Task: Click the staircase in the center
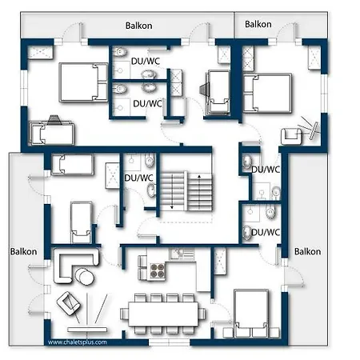pos(186,191)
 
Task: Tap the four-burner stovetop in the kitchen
pos(158,270)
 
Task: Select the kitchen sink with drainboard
pos(182,254)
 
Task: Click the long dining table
pos(163,314)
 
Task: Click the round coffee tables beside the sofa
pos(84,277)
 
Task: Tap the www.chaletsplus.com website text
pos(78,342)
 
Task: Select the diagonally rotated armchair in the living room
pos(68,304)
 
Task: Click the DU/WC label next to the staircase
pos(138,178)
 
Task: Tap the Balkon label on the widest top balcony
pos(139,26)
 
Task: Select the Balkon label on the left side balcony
pos(23,251)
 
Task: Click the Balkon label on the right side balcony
pos(307,251)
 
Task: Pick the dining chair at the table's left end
pos(124,314)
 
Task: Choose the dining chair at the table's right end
pos(202,314)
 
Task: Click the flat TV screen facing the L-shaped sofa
pos(87,330)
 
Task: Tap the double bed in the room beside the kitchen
pos(251,314)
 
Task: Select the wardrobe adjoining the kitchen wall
pos(220,261)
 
